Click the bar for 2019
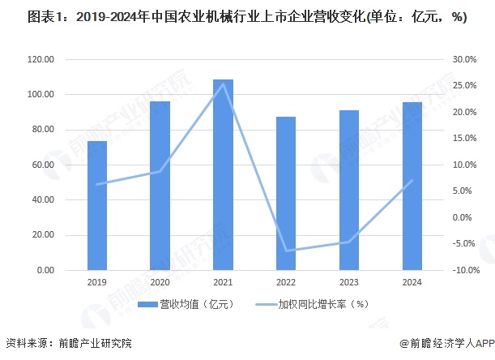tap(97, 206)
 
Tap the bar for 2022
tap(286, 194)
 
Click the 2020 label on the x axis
tap(160, 281)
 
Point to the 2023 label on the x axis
tap(349, 281)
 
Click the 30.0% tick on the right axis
tap(464, 59)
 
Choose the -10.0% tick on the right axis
tap(463, 270)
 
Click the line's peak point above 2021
tap(224, 84)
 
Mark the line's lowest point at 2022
tap(286, 251)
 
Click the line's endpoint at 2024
tap(412, 180)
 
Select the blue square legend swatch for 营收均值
tap(151, 305)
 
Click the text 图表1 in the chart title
tap(23, 17)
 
